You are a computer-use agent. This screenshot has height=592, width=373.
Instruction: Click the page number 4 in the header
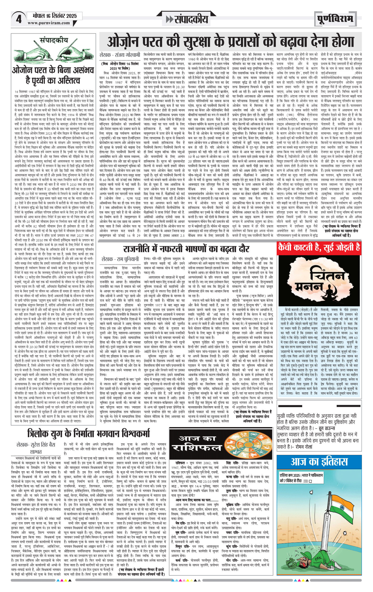click(19, 19)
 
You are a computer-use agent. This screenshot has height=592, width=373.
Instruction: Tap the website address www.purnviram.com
click(49, 23)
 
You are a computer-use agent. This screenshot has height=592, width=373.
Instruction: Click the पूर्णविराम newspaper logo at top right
click(335, 19)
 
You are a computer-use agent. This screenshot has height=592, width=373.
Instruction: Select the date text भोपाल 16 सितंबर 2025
click(54, 16)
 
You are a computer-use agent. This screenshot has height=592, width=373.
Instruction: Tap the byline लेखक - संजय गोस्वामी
click(120, 55)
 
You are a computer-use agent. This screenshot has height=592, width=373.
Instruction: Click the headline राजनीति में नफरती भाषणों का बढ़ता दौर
click(186, 249)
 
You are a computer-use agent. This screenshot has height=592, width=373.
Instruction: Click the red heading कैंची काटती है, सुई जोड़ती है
click(319, 247)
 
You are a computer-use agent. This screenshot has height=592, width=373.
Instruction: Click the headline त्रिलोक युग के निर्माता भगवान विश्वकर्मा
click(88, 433)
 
